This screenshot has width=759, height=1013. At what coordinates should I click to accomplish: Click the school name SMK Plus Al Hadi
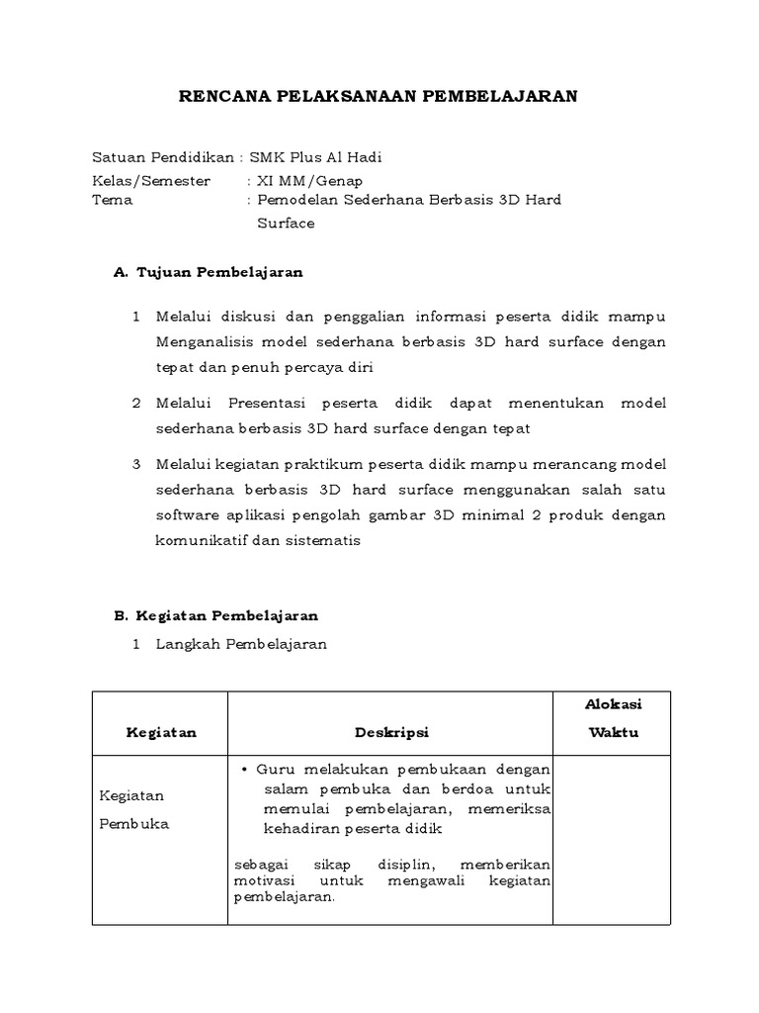(315, 157)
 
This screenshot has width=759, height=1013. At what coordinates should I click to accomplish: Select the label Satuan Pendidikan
(162, 157)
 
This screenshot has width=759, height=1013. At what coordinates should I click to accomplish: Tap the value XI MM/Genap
(309, 180)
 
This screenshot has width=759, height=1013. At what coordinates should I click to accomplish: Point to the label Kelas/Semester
(150, 180)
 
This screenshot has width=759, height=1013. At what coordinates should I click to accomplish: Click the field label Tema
(112, 200)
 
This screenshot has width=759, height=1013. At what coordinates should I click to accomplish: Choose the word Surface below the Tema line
(286, 224)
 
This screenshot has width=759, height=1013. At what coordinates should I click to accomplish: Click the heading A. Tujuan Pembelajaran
(209, 271)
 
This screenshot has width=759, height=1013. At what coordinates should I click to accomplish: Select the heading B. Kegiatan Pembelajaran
(215, 615)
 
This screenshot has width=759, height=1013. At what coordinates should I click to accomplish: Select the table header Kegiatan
(161, 733)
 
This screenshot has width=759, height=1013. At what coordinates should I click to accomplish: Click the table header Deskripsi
(389, 733)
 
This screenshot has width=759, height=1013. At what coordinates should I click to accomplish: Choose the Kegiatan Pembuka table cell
(133, 809)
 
